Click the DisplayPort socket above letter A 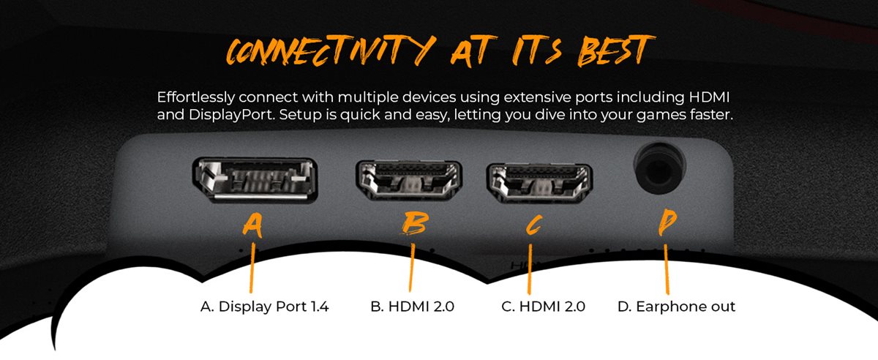point(255,181)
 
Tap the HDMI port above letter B point(408,181)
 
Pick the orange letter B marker point(414,225)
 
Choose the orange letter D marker point(666,223)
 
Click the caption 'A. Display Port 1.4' point(264,307)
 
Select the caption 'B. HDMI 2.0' point(412,307)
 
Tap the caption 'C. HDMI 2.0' point(543,307)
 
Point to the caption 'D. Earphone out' point(676,307)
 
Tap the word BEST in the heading point(610,50)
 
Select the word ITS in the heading point(534,50)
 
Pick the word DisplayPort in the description point(212,116)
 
